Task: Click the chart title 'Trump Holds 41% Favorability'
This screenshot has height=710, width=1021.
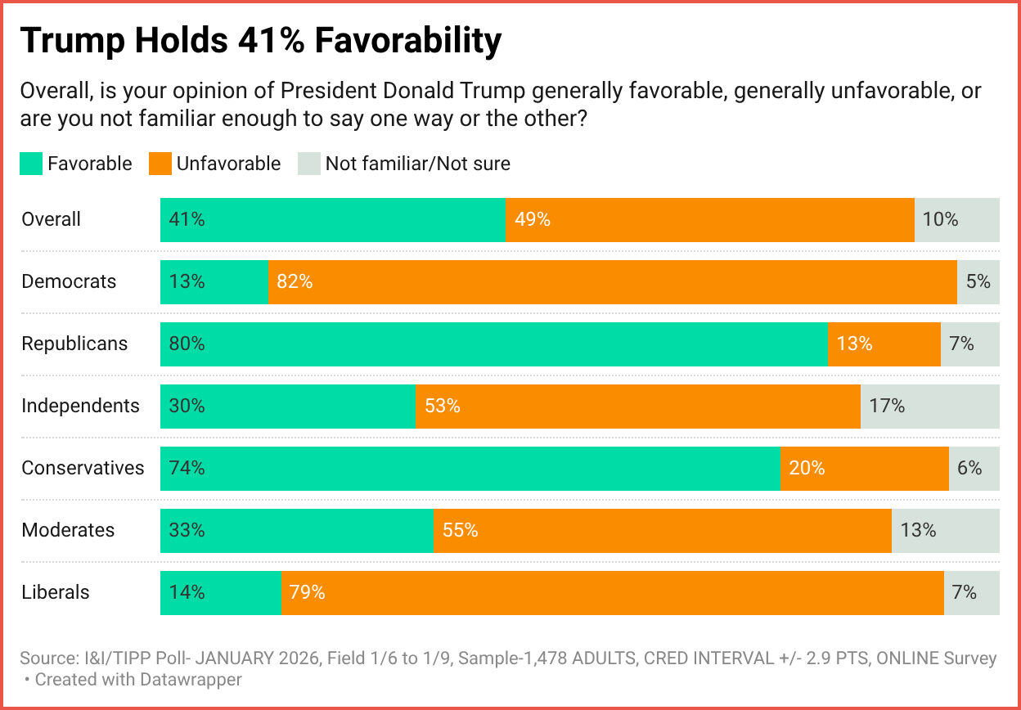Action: point(260,41)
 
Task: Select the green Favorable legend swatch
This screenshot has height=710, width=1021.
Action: point(30,164)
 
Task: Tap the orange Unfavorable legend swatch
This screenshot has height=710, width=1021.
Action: point(160,164)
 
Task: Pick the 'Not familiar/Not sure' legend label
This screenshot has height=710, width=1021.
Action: point(417,164)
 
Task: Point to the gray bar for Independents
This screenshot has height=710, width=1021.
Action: point(929,406)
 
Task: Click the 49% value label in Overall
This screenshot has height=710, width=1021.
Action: point(532,219)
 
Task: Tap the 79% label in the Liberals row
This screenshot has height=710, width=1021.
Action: point(307,592)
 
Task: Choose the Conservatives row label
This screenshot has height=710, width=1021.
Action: point(83,468)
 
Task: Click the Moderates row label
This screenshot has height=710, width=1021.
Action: point(68,530)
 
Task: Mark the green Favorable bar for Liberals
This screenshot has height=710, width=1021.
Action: point(220,592)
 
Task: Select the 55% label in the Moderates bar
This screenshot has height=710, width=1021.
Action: point(460,530)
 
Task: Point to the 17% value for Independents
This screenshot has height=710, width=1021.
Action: point(887,406)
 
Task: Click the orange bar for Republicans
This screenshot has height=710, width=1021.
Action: point(884,344)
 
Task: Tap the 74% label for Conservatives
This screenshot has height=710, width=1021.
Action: point(187,468)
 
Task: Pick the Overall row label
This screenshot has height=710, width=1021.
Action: point(51,219)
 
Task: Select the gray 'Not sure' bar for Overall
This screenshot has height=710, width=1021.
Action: point(956,219)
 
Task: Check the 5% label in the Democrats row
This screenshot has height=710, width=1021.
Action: point(978,281)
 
